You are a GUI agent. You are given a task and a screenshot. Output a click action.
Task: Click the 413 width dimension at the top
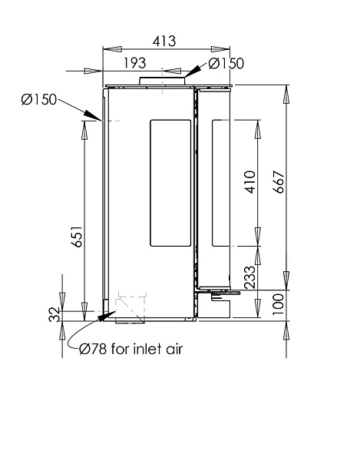point(164,41)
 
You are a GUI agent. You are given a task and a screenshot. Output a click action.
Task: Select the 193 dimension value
point(134,63)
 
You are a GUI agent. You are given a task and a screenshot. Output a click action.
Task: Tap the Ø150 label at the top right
point(226,64)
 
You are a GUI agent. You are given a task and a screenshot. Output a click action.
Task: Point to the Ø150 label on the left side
point(38,99)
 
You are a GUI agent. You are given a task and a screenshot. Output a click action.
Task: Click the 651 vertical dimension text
point(77,237)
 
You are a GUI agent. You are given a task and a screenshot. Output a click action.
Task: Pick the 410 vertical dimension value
point(250,182)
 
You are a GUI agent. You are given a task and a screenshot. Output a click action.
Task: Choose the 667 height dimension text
point(279,182)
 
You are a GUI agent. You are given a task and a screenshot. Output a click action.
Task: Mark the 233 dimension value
point(250,277)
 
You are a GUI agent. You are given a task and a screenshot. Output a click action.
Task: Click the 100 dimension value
point(279,304)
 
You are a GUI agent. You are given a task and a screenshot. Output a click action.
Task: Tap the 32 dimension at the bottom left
point(54,314)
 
